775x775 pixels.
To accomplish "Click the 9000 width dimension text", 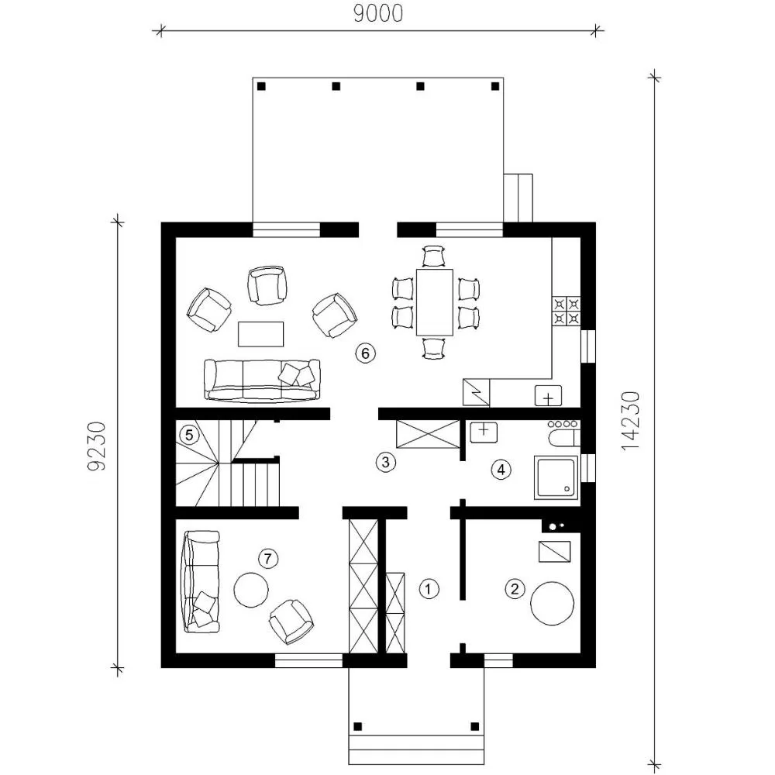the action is click(x=378, y=14).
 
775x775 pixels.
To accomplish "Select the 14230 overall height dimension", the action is click(x=630, y=421).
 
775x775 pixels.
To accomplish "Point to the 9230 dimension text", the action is click(x=96, y=446).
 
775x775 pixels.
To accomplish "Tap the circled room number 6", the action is click(x=365, y=353).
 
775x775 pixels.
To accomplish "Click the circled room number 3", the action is click(x=385, y=462).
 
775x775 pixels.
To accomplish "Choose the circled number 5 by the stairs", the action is click(x=189, y=436).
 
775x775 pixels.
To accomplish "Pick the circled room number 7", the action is click(x=268, y=559).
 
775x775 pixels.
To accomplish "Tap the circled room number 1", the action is click(x=429, y=589).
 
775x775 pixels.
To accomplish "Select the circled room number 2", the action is click(x=515, y=589).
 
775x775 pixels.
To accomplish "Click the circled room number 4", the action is click(x=501, y=470).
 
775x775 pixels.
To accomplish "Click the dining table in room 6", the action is click(x=435, y=302).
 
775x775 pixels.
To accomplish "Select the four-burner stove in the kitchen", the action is click(x=566, y=311).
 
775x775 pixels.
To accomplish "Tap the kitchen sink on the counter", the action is click(x=548, y=396).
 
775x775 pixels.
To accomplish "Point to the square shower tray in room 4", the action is click(x=556, y=477).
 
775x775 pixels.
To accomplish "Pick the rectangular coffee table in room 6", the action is click(x=261, y=334).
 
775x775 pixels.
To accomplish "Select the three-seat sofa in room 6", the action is click(x=262, y=380).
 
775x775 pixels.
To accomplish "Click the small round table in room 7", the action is click(x=251, y=590).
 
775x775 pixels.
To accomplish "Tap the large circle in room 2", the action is click(x=552, y=604).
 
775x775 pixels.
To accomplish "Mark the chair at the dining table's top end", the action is click(x=435, y=256).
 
